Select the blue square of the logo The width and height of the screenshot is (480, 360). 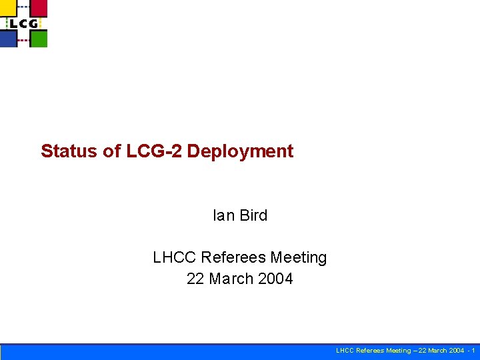[x=8, y=39]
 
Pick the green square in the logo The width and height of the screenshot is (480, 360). [x=39, y=39]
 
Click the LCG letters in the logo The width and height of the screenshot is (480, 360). [x=23, y=23]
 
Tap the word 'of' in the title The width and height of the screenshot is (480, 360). [x=111, y=151]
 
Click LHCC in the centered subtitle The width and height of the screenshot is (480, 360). [x=175, y=257]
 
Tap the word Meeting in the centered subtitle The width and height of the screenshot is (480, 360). [x=300, y=258]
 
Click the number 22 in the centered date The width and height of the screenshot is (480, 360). [x=195, y=279]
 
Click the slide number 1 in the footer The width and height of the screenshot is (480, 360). [x=473, y=351]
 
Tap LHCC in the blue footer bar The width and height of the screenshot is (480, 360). [x=345, y=351]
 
